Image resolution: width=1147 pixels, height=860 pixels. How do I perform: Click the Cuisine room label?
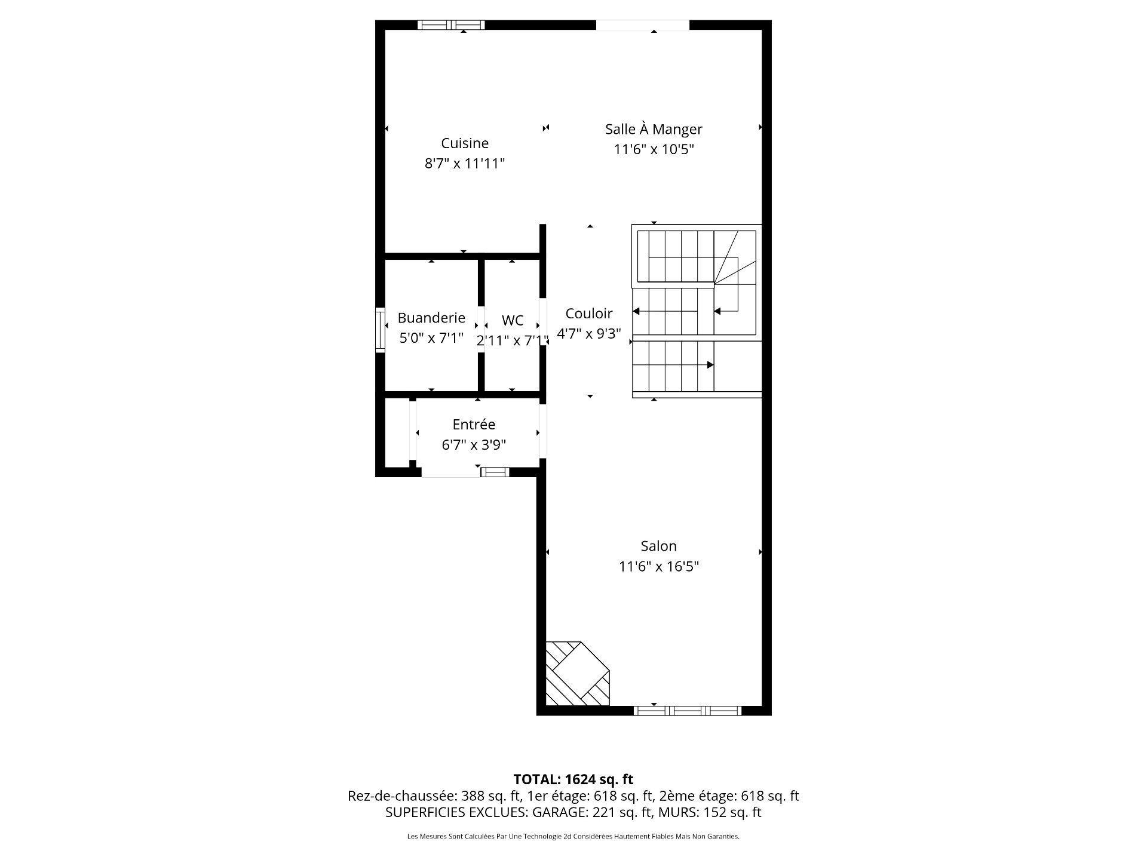point(465,143)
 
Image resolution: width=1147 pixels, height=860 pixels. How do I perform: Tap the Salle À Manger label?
point(654,129)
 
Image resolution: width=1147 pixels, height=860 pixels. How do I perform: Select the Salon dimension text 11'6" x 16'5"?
point(659,566)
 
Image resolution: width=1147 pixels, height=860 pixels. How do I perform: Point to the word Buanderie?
point(431,318)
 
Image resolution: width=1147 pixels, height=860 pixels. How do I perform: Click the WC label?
point(513,321)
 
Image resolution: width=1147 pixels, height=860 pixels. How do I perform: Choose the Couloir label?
point(589,314)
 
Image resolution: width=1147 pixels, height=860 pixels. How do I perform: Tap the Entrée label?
point(474,425)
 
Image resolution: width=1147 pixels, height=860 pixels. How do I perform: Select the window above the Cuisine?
point(451,25)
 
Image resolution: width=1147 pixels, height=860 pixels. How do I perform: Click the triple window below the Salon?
point(687,711)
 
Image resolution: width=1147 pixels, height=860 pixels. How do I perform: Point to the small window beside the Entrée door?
point(495,472)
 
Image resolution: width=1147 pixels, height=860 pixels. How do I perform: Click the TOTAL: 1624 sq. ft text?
point(573,779)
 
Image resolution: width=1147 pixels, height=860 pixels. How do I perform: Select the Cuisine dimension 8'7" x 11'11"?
point(465,164)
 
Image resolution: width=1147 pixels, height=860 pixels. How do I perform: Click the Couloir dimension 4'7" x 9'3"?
point(589,334)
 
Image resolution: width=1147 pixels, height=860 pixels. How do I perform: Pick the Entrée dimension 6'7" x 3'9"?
point(474,445)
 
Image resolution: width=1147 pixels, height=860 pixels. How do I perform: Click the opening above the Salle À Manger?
point(643,25)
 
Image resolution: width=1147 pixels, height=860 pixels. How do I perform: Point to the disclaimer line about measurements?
point(573,837)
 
